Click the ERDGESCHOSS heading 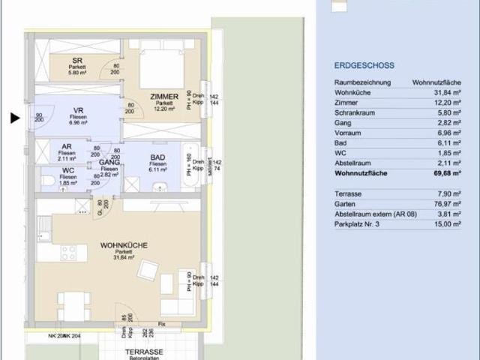coord(364,66)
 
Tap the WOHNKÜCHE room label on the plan coord(124,245)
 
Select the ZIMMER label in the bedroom coord(163,97)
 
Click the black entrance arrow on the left coord(14,118)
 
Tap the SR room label coord(77,61)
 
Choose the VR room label coord(77,110)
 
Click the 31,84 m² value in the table coord(445,92)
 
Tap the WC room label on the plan coord(68,171)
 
